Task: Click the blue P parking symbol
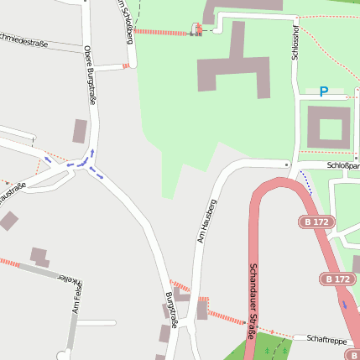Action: point(323,91)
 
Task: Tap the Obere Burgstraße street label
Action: point(90,75)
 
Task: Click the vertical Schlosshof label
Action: point(295,39)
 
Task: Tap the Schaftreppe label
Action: point(326,339)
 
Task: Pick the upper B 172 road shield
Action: point(317,222)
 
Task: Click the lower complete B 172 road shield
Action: point(337,279)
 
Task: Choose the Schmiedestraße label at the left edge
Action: point(23,39)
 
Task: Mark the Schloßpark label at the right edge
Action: point(342,165)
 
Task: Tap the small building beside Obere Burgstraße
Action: point(81,131)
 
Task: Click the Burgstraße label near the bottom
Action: point(171,311)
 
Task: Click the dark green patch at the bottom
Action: point(270,347)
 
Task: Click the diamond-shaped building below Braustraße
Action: point(8,221)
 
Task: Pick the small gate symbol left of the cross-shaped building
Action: point(197,30)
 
